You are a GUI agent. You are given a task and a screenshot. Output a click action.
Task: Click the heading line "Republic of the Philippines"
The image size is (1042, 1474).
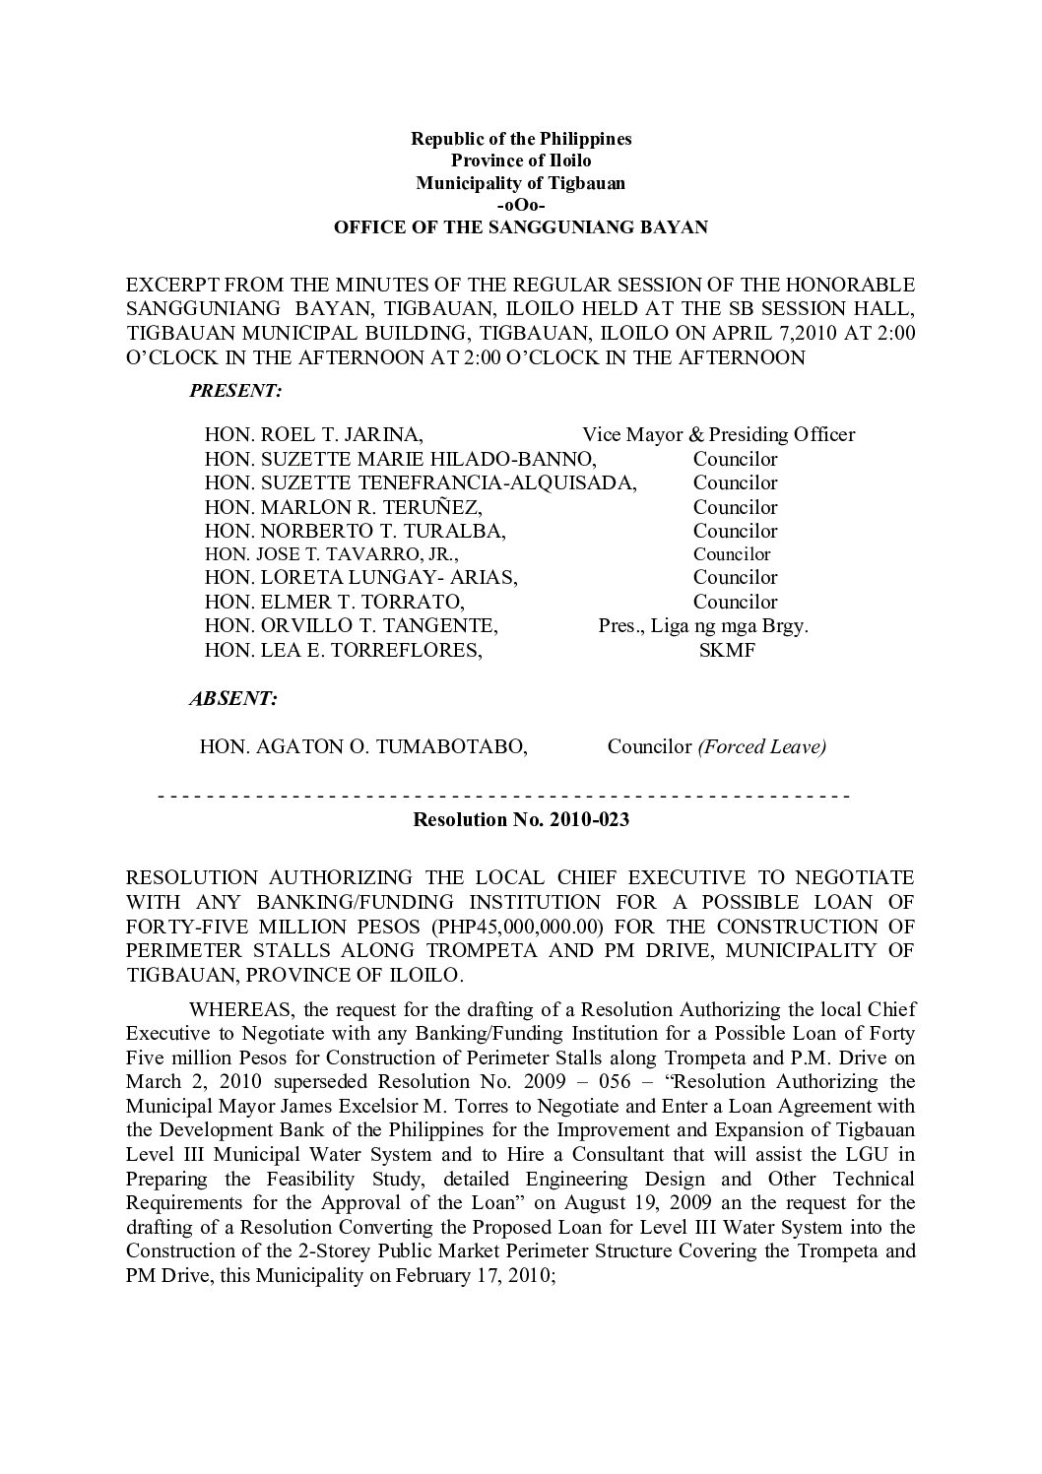[520, 139]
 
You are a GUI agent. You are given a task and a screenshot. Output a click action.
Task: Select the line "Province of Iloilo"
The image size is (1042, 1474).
[520, 160]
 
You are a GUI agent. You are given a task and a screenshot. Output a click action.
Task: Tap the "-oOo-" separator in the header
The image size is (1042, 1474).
[520, 205]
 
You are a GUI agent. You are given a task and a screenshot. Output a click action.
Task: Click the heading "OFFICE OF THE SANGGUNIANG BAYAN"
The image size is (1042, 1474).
[520, 227]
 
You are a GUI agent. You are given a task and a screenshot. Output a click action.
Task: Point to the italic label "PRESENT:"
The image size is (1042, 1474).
[235, 391]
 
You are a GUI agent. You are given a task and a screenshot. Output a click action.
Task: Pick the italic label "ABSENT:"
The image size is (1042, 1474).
[232, 699]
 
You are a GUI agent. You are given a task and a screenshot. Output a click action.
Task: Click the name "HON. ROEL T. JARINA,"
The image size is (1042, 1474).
[314, 434]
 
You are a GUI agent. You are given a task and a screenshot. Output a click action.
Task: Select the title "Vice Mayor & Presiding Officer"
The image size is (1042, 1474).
[718, 434]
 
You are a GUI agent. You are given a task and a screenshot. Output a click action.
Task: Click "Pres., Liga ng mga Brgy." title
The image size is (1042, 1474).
[703, 626]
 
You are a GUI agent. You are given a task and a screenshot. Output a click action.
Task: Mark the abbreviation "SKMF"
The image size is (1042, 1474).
[726, 651]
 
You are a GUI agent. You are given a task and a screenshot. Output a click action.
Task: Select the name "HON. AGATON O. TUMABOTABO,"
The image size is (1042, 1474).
[363, 746]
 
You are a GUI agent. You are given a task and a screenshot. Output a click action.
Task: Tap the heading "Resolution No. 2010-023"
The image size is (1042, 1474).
[520, 819]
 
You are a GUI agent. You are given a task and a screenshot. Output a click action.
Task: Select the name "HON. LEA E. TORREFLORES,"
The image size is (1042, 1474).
[343, 651]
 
